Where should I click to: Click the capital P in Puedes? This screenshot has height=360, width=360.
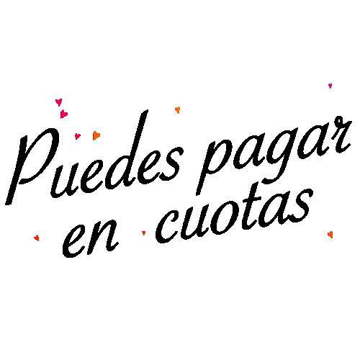coord(32,166)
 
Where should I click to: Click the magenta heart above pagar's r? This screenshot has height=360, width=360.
coord(330,86)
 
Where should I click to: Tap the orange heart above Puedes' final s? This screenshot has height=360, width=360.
coord(178,110)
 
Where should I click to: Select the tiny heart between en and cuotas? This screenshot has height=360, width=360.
coord(143,233)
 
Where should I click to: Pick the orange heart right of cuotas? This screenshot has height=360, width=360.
coord(330,235)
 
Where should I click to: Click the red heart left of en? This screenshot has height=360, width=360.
coord(37,238)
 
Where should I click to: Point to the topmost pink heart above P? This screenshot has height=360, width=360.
coord(59,102)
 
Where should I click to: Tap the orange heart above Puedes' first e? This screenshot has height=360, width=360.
coord(96,135)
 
